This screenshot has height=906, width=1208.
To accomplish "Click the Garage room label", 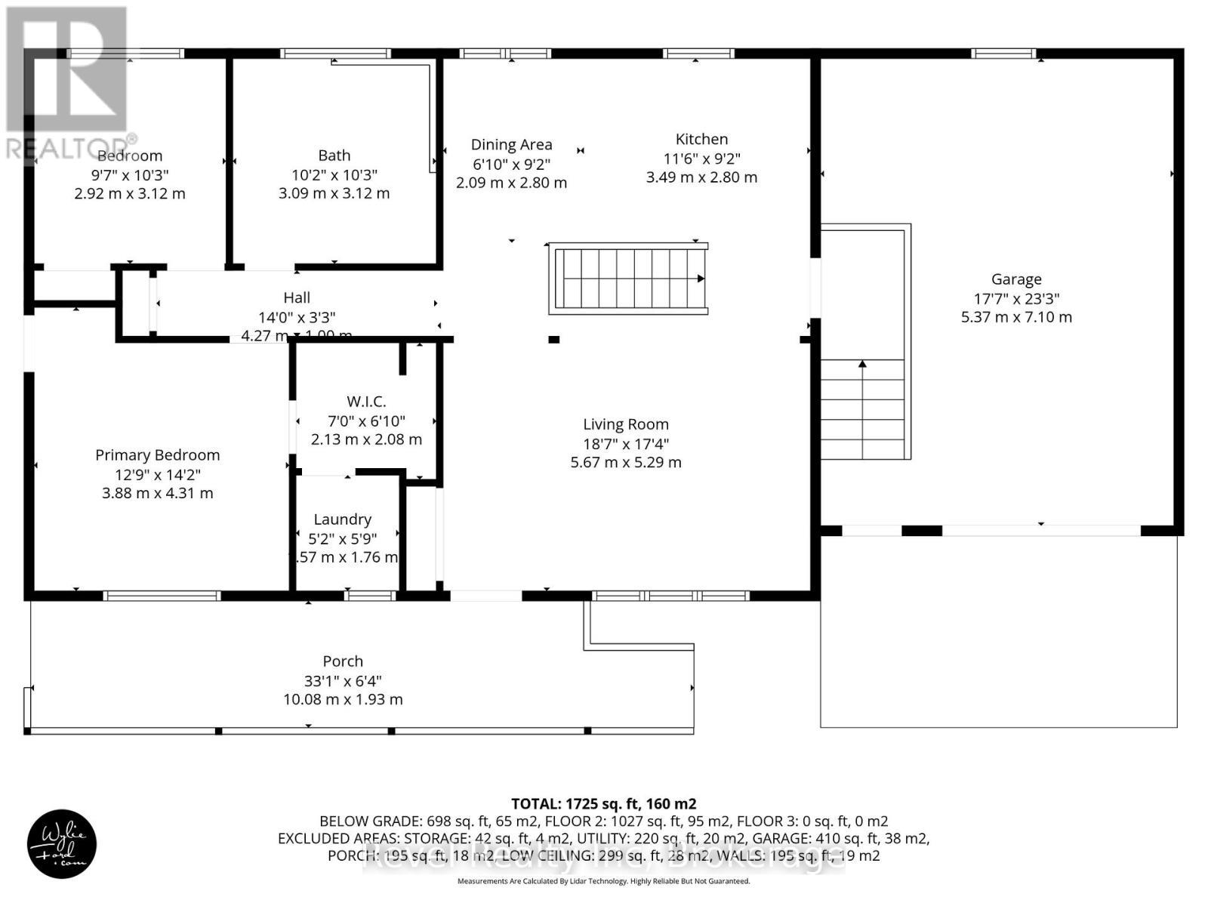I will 1016,279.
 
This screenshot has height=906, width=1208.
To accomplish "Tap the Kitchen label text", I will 701,139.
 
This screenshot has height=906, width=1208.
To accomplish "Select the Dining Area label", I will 511,144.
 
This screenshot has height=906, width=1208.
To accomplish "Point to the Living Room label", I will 625,424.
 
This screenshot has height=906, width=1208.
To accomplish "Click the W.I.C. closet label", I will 366,402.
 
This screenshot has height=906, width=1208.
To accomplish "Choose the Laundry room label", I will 342,519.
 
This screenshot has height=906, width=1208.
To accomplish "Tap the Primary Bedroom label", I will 157,455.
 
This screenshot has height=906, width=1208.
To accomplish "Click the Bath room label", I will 334,156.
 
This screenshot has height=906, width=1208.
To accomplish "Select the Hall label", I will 297,298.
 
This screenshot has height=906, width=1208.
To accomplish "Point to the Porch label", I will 343,661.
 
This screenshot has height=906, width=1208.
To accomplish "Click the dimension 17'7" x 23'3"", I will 1016,298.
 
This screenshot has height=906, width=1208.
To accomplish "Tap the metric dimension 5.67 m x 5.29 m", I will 625,462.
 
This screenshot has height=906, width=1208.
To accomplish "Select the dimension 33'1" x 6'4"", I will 343,680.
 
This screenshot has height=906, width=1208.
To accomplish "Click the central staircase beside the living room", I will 628,279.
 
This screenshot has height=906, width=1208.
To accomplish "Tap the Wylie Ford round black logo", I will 62,843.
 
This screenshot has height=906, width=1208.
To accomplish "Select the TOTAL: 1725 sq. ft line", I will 603,803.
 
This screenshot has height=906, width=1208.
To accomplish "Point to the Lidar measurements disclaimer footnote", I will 603,881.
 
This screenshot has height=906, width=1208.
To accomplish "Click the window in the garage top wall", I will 1003,53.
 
